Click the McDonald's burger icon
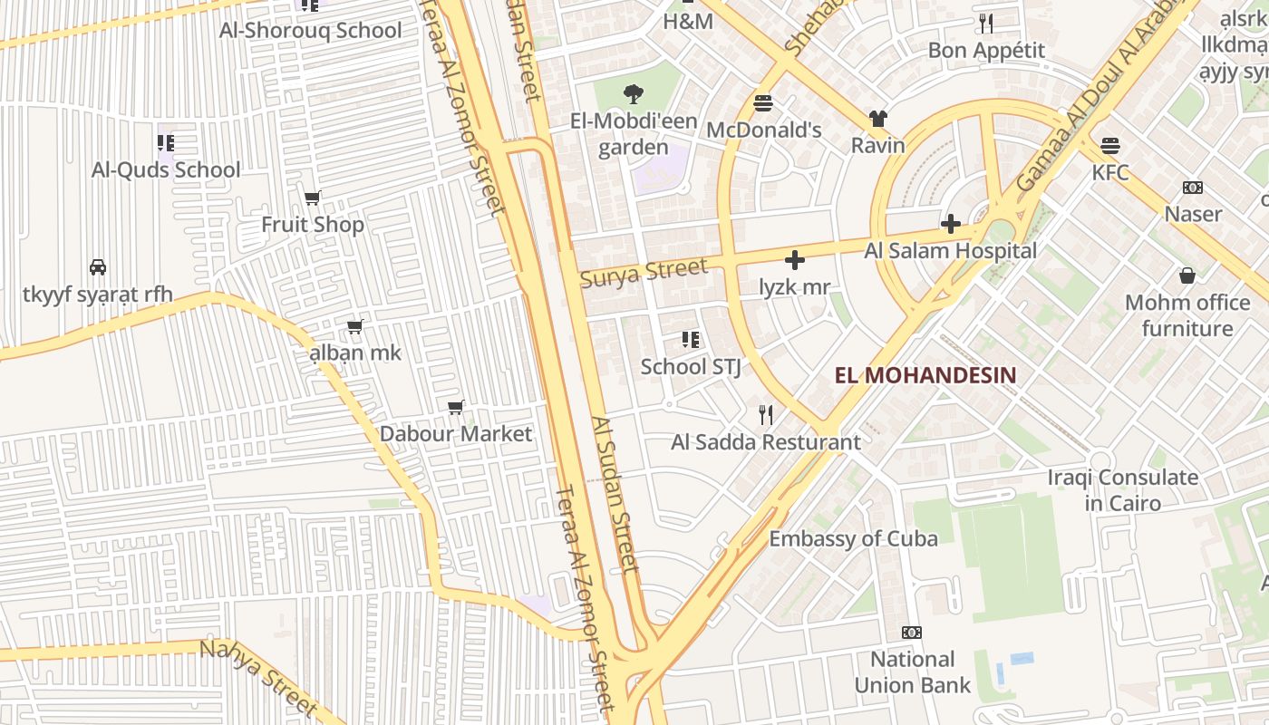[763, 103]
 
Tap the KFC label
[1110, 172]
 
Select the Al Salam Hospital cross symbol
[950, 223]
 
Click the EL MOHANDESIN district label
[925, 375]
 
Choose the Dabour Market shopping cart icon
[456, 408]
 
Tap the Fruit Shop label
[313, 224]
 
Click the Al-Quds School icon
[165, 142]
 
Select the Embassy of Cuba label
[853, 538]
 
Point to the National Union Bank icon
[911, 633]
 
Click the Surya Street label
[644, 272]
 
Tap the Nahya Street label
[258, 677]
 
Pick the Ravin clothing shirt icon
[877, 118]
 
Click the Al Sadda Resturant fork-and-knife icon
[766, 415]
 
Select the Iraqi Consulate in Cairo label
[1122, 489]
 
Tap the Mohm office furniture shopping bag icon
[1187, 275]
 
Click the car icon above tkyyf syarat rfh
[98, 267]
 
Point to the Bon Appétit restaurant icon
[986, 24]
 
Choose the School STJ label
[691, 367]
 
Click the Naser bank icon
[1193, 188]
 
